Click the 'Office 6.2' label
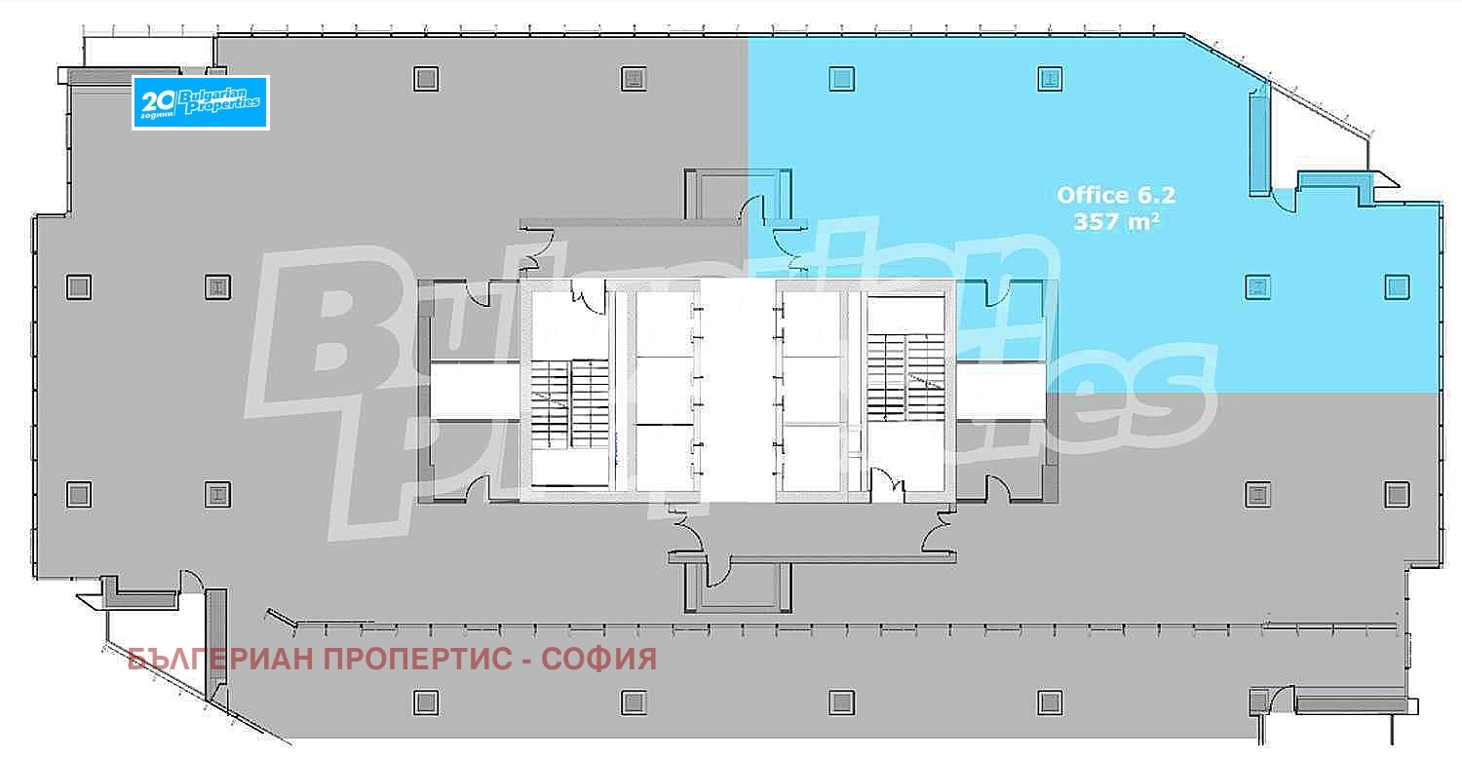1115,195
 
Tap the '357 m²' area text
1117,222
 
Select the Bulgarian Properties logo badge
201,102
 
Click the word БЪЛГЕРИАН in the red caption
221,659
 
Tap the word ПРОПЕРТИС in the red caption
418,659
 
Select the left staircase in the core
569,404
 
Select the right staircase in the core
905,376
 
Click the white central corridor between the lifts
738,391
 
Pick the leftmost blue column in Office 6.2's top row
842,79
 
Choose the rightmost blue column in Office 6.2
1397,287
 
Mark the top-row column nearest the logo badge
426,79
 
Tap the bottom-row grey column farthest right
1050,702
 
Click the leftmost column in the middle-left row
79,287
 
